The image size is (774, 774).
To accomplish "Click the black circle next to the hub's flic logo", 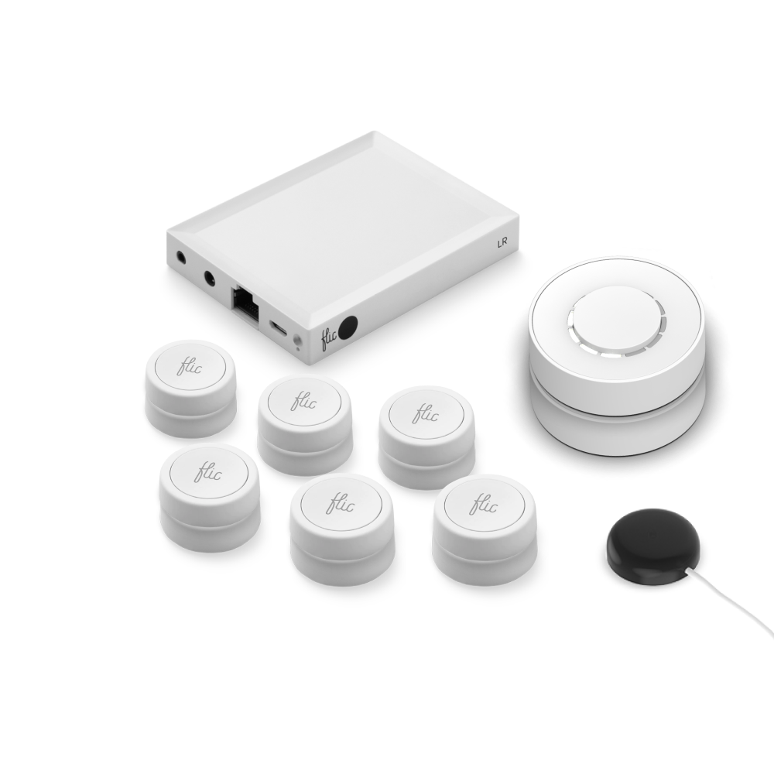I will (x=350, y=327).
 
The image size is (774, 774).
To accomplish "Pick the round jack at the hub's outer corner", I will (x=180, y=257).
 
